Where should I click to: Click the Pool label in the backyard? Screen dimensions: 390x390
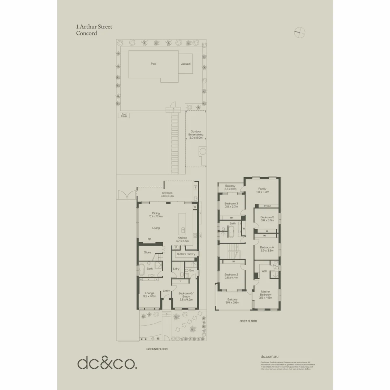click(153, 64)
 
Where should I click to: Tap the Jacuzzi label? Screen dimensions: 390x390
click(186, 64)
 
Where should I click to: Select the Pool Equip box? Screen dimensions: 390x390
click(124, 115)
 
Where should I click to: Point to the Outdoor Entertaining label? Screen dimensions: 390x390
click(196, 135)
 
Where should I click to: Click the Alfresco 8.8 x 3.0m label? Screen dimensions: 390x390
click(167, 195)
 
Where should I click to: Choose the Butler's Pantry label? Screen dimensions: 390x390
click(186, 254)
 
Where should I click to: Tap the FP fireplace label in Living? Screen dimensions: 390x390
click(149, 239)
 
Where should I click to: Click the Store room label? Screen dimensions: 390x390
click(147, 252)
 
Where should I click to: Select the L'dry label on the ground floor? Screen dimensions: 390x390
click(176, 269)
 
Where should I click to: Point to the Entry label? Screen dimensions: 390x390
click(166, 291)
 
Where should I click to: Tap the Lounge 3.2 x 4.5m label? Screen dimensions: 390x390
click(149, 295)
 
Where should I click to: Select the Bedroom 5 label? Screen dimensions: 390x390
click(267, 218)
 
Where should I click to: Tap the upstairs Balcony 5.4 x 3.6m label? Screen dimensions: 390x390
click(233, 301)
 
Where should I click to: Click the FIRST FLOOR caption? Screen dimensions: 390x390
click(248, 321)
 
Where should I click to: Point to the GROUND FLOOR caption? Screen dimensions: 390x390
click(157, 349)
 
